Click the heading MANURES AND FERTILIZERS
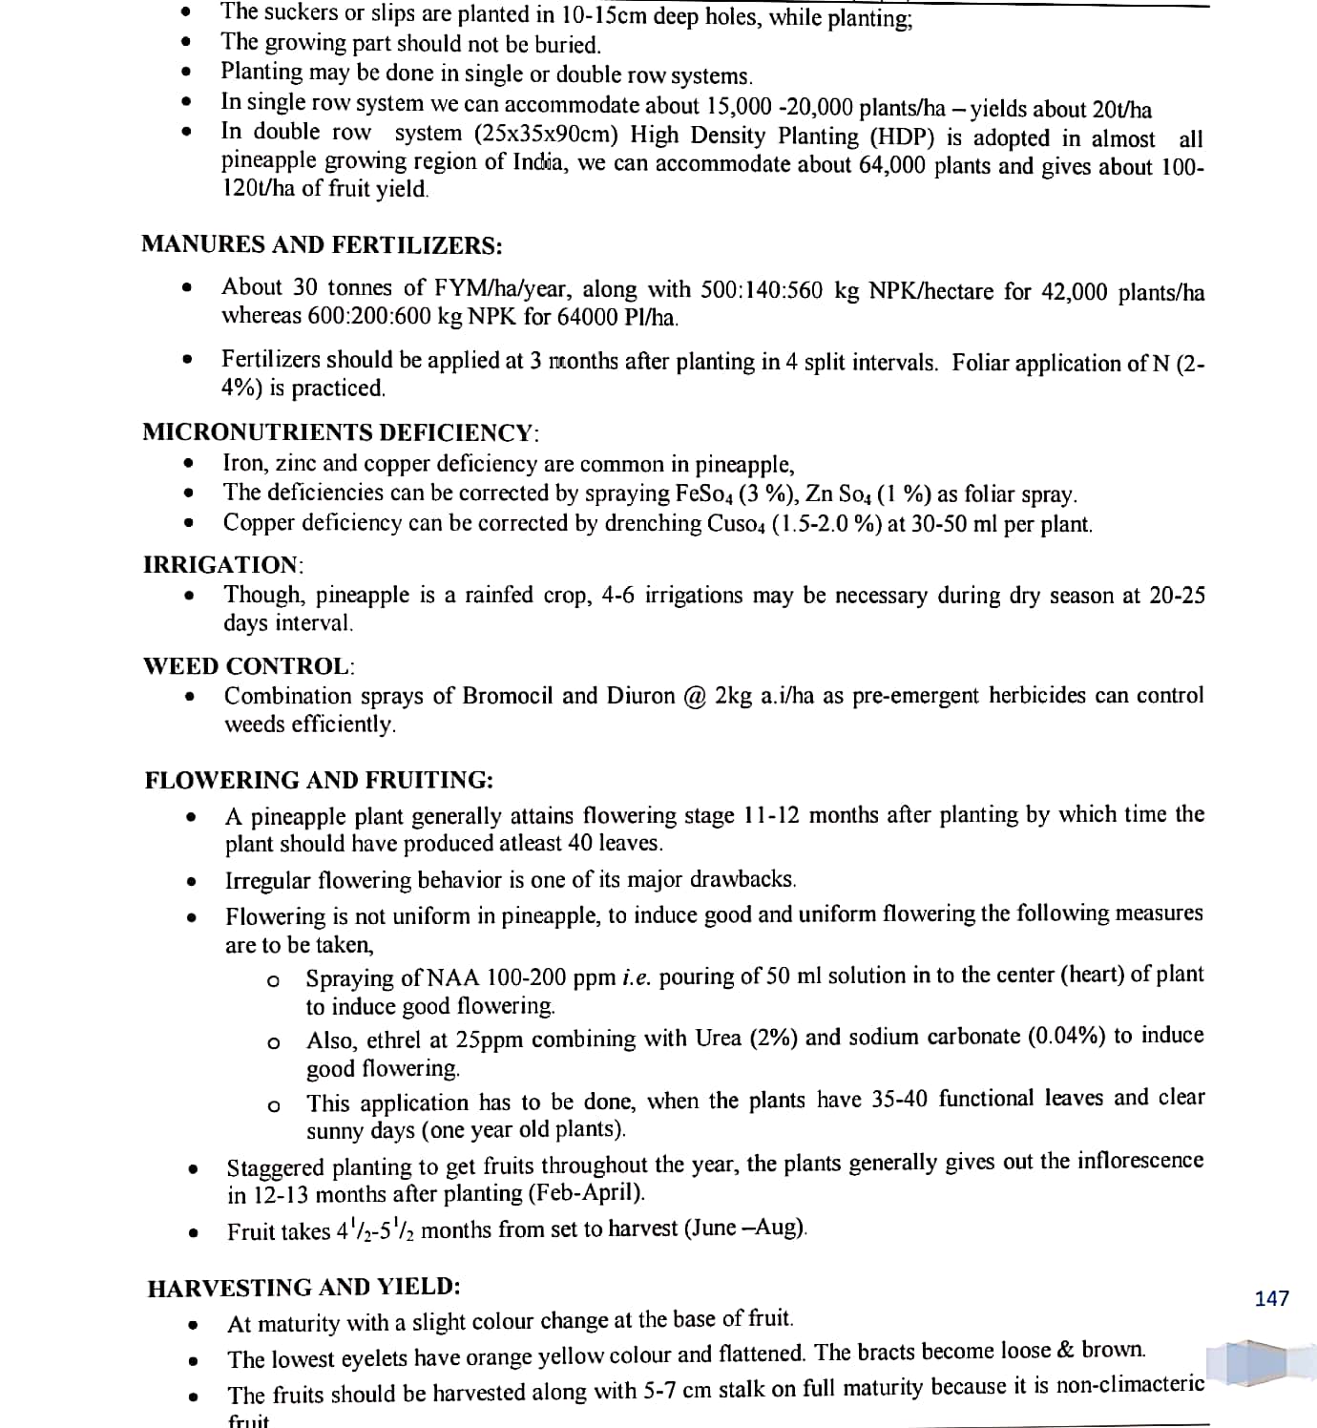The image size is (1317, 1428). pyautogui.click(x=322, y=245)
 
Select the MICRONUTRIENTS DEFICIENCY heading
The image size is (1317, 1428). pyautogui.click(x=341, y=432)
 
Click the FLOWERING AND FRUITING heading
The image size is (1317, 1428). pyautogui.click(x=319, y=780)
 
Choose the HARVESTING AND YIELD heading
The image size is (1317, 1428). pyautogui.click(x=304, y=1288)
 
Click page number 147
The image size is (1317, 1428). pyautogui.click(x=1271, y=1298)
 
